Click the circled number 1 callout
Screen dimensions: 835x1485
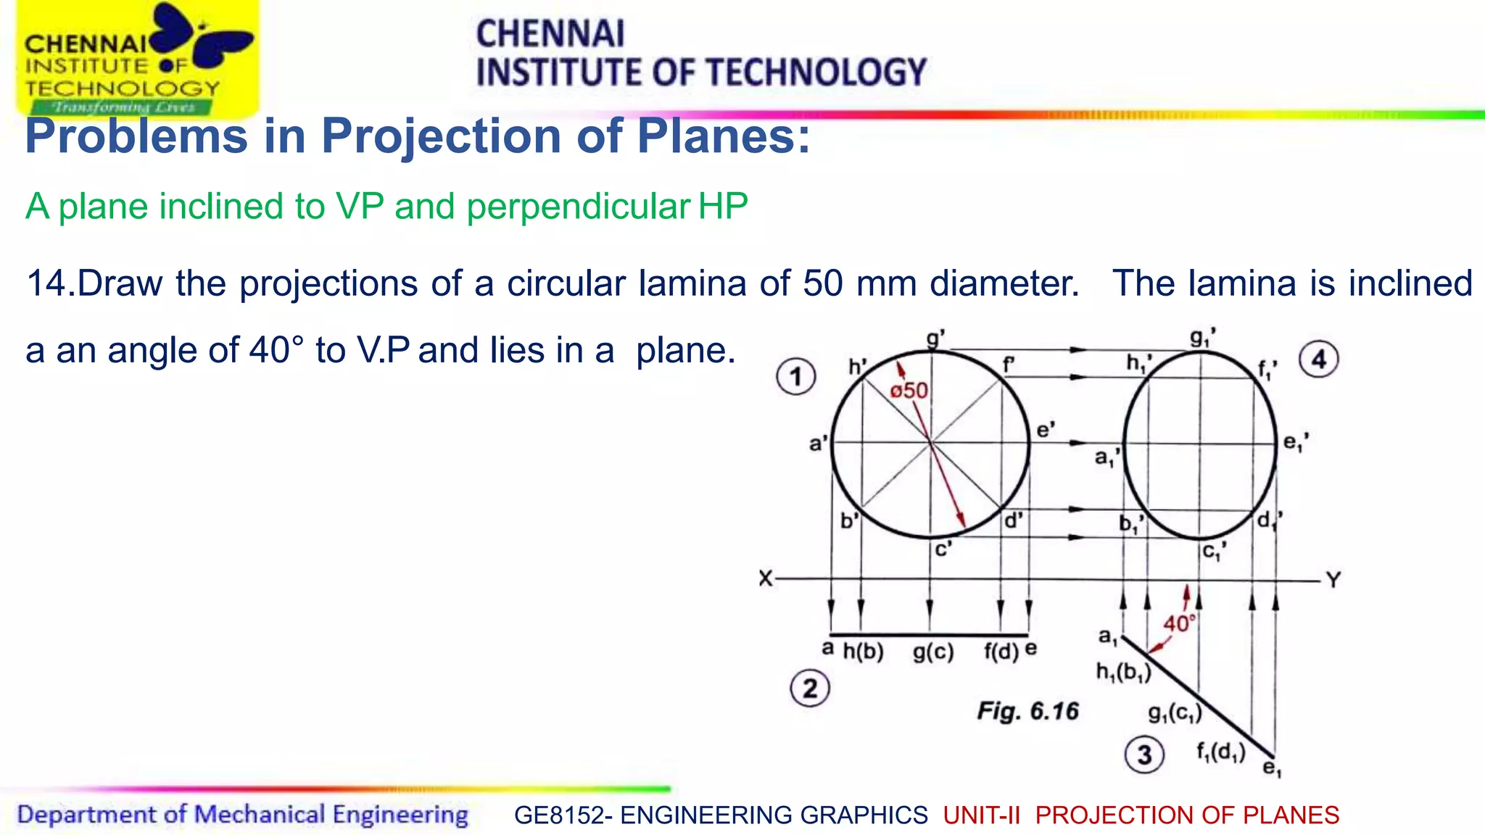click(x=795, y=377)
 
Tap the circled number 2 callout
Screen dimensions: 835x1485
click(x=809, y=688)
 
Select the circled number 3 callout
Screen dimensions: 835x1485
click(x=1144, y=755)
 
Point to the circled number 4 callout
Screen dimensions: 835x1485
click(x=1318, y=360)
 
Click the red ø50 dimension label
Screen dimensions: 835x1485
click(x=909, y=391)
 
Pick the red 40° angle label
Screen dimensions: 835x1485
click(x=1179, y=623)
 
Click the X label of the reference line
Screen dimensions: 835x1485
click(x=766, y=579)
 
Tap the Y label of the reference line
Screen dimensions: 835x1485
click(x=1333, y=580)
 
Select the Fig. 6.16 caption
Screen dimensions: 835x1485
click(x=1027, y=711)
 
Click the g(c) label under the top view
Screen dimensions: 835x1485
click(x=933, y=652)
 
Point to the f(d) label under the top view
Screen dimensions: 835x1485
click(x=1001, y=652)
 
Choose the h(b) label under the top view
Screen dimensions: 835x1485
click(x=863, y=652)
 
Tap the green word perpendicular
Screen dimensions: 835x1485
click(x=578, y=207)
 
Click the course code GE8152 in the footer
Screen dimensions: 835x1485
click(x=557, y=815)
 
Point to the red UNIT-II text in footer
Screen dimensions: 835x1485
click(x=981, y=815)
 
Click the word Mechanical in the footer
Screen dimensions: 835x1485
click(x=259, y=815)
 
